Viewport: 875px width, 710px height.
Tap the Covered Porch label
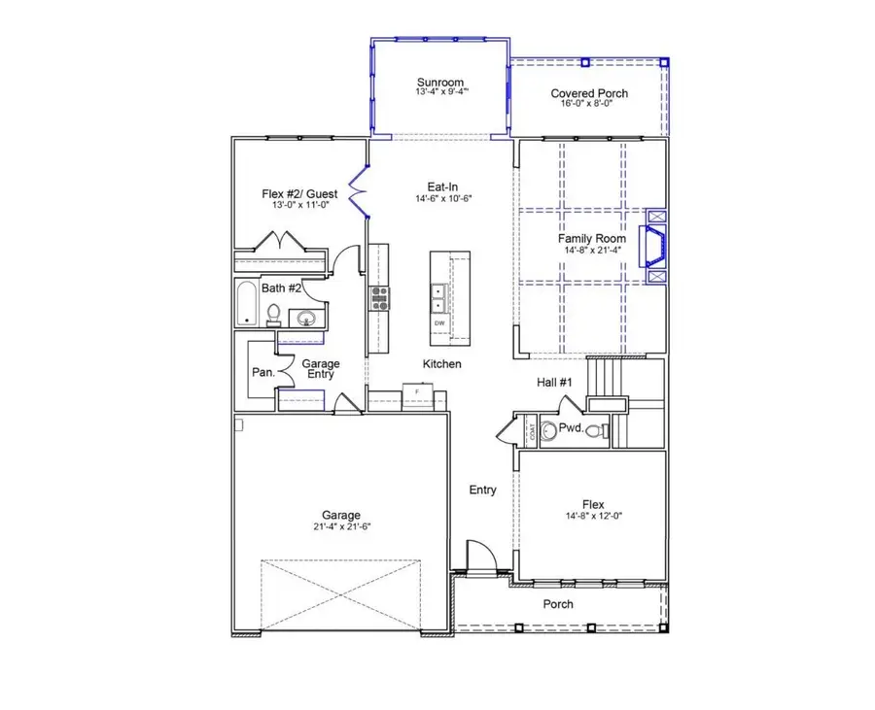(x=589, y=93)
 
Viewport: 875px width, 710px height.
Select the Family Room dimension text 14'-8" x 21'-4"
(x=590, y=250)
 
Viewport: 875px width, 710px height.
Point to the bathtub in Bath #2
(x=247, y=304)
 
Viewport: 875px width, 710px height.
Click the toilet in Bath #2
(x=274, y=315)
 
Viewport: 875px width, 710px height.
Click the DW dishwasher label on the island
(x=439, y=323)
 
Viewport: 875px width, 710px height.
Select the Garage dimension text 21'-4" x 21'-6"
(x=341, y=526)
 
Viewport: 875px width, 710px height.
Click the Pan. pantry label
(x=262, y=372)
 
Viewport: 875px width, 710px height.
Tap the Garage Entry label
(x=322, y=369)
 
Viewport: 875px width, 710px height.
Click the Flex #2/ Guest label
(x=300, y=194)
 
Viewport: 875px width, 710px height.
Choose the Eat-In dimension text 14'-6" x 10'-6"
(x=443, y=198)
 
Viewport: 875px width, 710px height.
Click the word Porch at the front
(x=558, y=604)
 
